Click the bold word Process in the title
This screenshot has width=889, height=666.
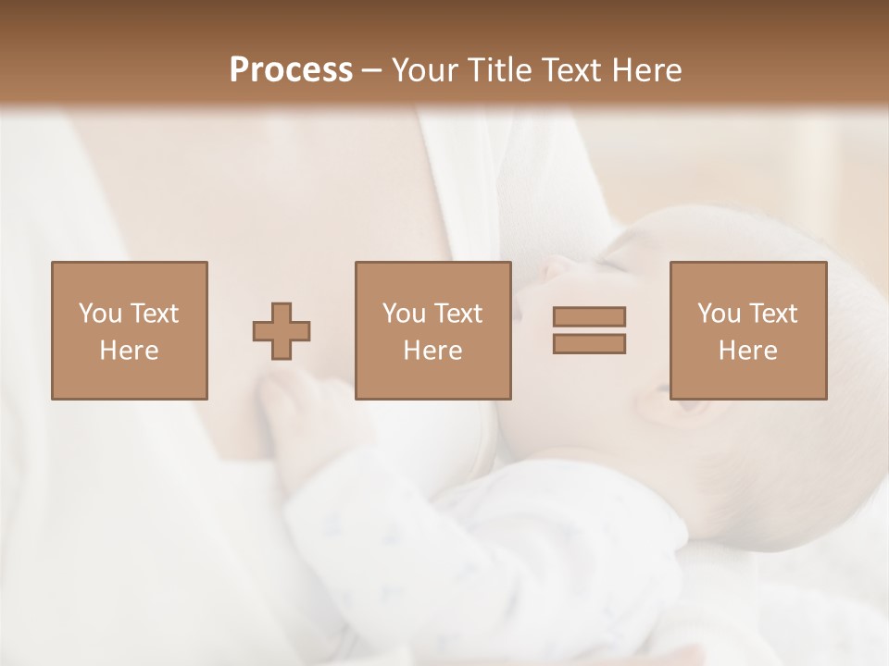pos(291,69)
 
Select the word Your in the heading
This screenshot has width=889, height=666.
pos(427,70)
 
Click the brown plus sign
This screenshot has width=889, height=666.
pos(282,330)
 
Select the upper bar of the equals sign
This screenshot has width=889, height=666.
pos(589,316)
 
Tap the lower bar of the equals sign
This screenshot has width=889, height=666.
pos(589,343)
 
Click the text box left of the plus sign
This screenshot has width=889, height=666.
pos(129,330)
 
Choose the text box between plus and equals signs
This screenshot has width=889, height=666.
pos(432,330)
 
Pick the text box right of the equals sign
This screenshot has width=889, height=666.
pos(747,330)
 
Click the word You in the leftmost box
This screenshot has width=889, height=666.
pos(100,314)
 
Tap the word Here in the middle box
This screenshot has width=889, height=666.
pos(432,351)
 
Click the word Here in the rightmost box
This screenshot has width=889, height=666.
pos(747,351)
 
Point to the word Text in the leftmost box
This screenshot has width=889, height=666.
pos(153,314)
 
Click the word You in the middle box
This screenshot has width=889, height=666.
pos(404,314)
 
